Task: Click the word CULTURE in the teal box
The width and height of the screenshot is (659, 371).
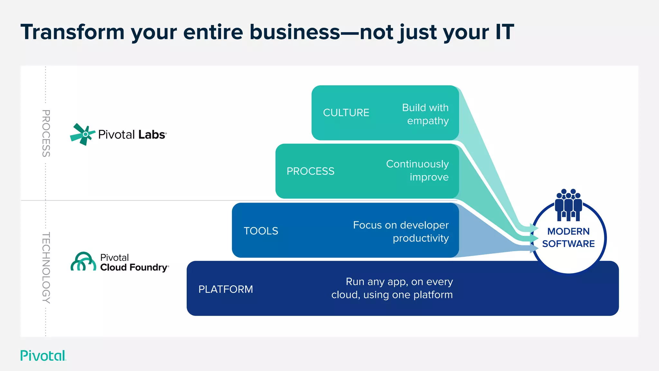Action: tap(346, 113)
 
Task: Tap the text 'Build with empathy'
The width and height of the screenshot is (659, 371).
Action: tap(425, 114)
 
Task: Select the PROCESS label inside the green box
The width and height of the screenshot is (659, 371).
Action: tap(310, 171)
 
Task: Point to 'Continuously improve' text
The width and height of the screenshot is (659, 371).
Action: tap(417, 170)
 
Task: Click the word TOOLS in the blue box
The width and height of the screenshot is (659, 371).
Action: tap(261, 231)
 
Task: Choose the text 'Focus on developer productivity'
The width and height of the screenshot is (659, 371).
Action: tap(401, 232)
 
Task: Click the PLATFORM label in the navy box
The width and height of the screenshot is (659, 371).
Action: tap(226, 289)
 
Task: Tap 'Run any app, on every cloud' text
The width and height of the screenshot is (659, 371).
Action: tap(392, 288)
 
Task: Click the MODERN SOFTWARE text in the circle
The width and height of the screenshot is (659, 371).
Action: tap(568, 238)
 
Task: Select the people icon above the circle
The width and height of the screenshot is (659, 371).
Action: tap(568, 205)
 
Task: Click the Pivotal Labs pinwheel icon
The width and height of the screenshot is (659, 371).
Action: tap(82, 134)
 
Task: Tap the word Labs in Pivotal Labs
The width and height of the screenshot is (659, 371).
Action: tap(152, 135)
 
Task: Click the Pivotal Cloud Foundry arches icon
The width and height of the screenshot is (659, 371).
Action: tap(83, 262)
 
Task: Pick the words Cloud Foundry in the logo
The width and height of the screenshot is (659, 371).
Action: tap(134, 268)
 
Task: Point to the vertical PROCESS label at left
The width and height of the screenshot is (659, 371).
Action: tap(46, 133)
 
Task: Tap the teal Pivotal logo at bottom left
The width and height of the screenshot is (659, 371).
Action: tap(43, 356)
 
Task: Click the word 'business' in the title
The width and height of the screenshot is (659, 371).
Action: tap(294, 32)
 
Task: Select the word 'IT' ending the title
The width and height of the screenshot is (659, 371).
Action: tap(504, 32)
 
